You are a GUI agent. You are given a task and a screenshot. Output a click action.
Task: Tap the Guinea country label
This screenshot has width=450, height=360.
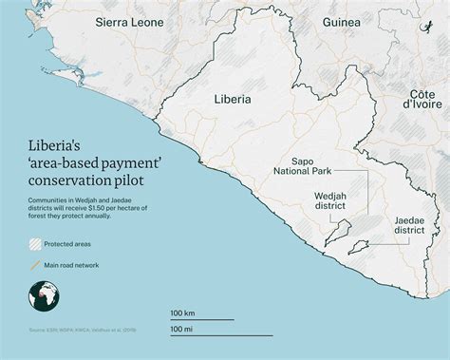[x=341, y=22]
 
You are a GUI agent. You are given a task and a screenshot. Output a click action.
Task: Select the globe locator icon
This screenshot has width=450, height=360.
[x=43, y=299]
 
